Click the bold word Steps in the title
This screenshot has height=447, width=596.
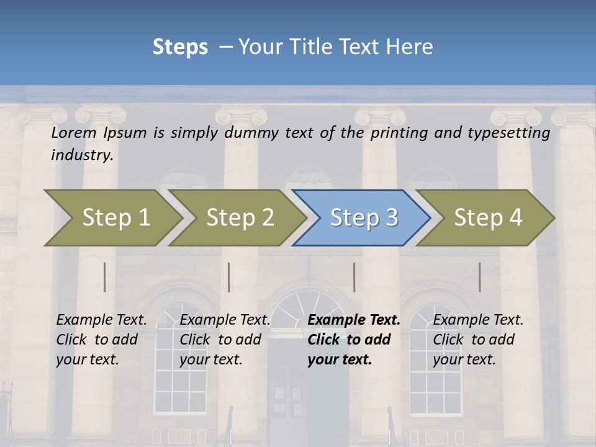point(180,47)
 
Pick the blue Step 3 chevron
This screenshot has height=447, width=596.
point(364,218)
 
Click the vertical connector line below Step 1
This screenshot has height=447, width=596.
point(105,277)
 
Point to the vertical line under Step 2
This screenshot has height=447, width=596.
point(229,277)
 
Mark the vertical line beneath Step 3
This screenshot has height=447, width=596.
point(354,277)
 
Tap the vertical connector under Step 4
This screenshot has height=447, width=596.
point(480,277)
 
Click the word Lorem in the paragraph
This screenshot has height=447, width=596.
point(74,133)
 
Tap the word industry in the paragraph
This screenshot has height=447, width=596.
point(82,155)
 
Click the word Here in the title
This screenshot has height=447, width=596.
point(413,47)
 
